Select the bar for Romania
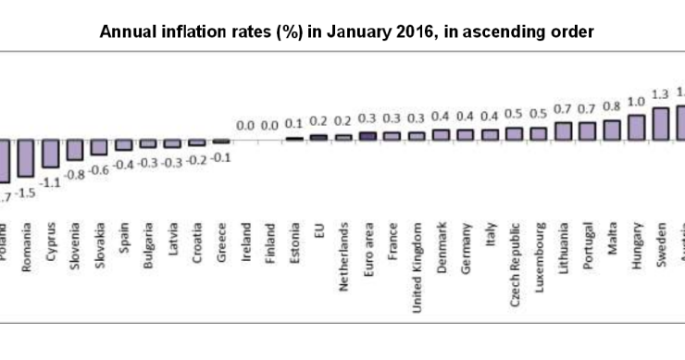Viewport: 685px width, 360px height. coord(27,156)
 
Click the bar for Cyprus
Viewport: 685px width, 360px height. coord(51,153)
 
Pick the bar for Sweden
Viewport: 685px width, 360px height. coord(660,123)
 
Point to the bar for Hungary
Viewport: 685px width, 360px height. coord(636,127)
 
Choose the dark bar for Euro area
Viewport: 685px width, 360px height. coord(367,135)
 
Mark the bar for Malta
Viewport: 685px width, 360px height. coord(612,130)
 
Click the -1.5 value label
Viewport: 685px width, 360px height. coord(28,192)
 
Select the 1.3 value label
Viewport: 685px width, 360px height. coord(660,94)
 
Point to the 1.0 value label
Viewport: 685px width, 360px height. coord(636,102)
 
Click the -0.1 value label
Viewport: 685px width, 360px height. coord(221,158)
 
